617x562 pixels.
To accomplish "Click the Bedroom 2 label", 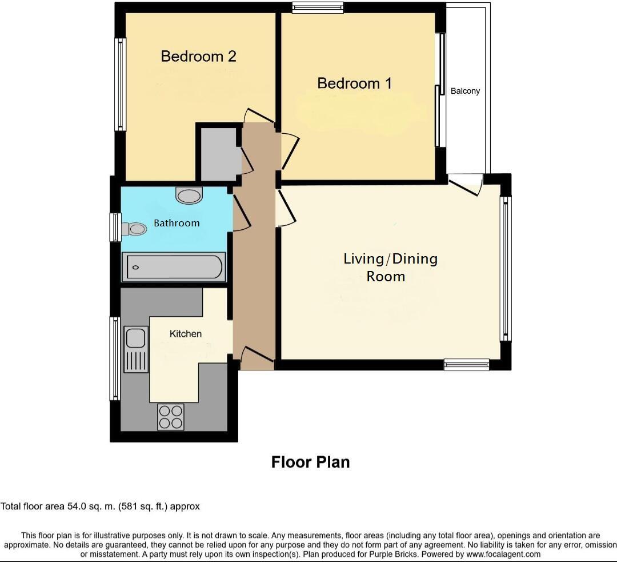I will click(x=198, y=56).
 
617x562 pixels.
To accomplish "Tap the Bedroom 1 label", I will click(x=354, y=83).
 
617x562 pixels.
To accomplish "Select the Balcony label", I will click(x=465, y=91).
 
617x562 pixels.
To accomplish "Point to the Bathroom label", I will click(x=177, y=223).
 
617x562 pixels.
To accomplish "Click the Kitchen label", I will click(x=186, y=333).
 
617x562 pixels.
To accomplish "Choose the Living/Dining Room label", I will click(x=390, y=267).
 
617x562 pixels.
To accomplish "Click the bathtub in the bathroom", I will click(x=174, y=267).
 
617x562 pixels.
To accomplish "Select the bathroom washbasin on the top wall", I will click(x=189, y=196).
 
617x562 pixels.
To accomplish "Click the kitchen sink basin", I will click(x=135, y=338).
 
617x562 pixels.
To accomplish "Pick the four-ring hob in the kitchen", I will click(x=170, y=416).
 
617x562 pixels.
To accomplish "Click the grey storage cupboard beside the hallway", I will click(x=218, y=153).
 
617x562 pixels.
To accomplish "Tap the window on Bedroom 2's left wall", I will click(x=120, y=84).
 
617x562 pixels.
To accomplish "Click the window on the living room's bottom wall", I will click(x=467, y=364).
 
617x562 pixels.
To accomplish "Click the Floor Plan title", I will click(x=310, y=462).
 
